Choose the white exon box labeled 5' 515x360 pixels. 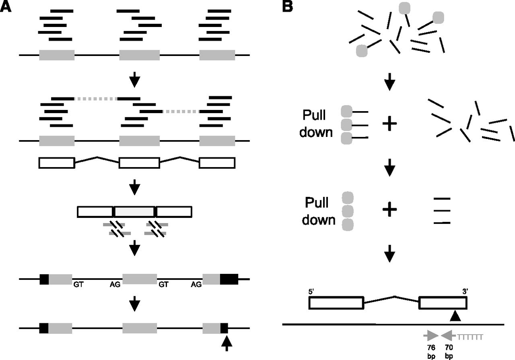click(x=336, y=303)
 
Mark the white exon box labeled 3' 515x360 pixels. click(x=443, y=303)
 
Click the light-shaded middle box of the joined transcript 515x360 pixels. click(x=134, y=211)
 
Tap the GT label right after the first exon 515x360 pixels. click(x=78, y=284)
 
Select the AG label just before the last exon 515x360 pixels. click(x=196, y=284)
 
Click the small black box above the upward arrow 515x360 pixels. click(x=224, y=328)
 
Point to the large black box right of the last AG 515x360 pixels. click(x=229, y=279)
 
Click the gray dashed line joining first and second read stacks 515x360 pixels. click(x=95, y=98)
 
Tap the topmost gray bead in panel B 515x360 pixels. click(x=405, y=8)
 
